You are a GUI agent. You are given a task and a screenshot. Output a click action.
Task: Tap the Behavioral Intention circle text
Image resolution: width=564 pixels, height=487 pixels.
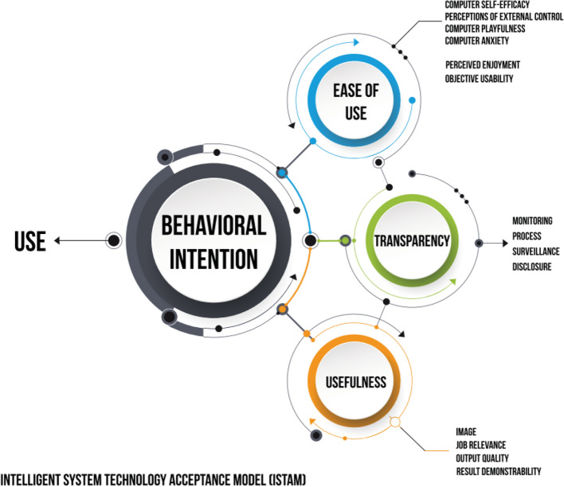pyautogui.click(x=213, y=241)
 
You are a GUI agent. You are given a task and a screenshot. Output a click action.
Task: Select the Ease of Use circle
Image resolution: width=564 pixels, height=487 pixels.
pyautogui.click(x=351, y=102)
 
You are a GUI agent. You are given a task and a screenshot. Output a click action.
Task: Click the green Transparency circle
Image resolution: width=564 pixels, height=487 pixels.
pyautogui.click(x=413, y=240)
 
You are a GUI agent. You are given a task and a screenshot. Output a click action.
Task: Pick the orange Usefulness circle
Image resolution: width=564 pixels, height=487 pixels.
pyautogui.click(x=354, y=383)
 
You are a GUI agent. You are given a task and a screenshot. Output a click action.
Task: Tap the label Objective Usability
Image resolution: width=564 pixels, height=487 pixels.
pyautogui.click(x=479, y=79)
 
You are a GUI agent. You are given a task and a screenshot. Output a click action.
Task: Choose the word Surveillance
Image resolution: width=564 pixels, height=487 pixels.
pyautogui.click(x=535, y=251)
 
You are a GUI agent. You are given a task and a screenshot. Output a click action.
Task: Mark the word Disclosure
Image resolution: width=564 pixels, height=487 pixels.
pyautogui.click(x=531, y=267)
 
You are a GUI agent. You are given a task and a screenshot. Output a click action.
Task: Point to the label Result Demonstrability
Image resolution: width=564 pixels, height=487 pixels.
pyautogui.click(x=499, y=472)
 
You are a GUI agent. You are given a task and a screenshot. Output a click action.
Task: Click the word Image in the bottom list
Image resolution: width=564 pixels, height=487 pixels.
pyautogui.click(x=466, y=431)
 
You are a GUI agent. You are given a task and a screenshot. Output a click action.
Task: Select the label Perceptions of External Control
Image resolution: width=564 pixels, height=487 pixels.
pyautogui.click(x=499, y=17)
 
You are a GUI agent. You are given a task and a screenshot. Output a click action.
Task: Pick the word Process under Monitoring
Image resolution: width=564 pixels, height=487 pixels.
pyautogui.click(x=527, y=236)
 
